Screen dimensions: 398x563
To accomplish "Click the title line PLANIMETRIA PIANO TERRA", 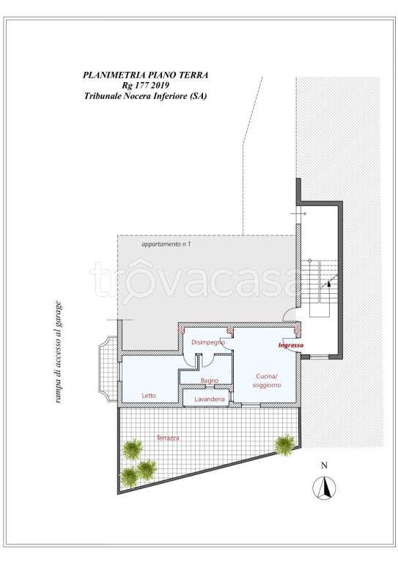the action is (145, 75).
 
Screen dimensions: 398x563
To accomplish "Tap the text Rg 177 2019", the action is (145, 86).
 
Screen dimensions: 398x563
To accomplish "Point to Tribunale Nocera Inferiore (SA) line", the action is (145, 96).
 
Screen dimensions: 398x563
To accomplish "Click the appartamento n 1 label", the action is (166, 245).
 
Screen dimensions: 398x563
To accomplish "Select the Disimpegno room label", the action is (208, 342).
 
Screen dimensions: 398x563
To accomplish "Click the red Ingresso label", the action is (291, 345).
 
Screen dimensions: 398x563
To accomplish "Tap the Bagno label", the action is (210, 380).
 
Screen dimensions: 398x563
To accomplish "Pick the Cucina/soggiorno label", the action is (267, 380).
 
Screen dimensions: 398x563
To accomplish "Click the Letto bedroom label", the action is (149, 395).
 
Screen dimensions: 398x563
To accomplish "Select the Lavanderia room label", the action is (210, 399).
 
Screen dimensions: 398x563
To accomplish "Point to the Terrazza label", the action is (168, 438).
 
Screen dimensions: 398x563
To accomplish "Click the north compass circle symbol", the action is (325, 488).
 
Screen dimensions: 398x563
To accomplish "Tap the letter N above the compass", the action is (325, 466).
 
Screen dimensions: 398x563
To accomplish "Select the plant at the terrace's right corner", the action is (286, 445).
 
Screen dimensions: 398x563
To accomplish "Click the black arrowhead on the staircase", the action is (328, 283).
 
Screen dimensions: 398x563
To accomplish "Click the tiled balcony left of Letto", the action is (108, 369).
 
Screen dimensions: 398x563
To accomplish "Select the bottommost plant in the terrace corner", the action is (129, 476).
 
